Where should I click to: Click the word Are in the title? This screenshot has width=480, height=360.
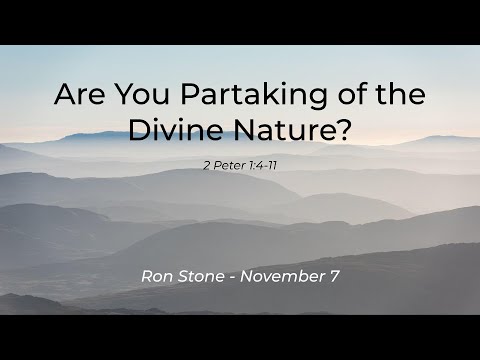coord(79,96)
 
